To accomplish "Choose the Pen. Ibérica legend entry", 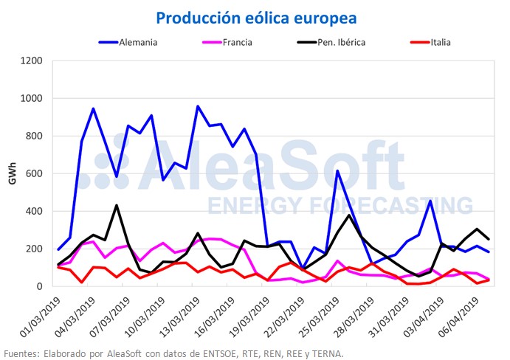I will (x=358, y=42).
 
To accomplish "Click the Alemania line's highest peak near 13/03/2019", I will (x=198, y=106).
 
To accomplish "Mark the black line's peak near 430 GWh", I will (x=117, y=205).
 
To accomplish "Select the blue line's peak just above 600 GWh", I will (x=337, y=171).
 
